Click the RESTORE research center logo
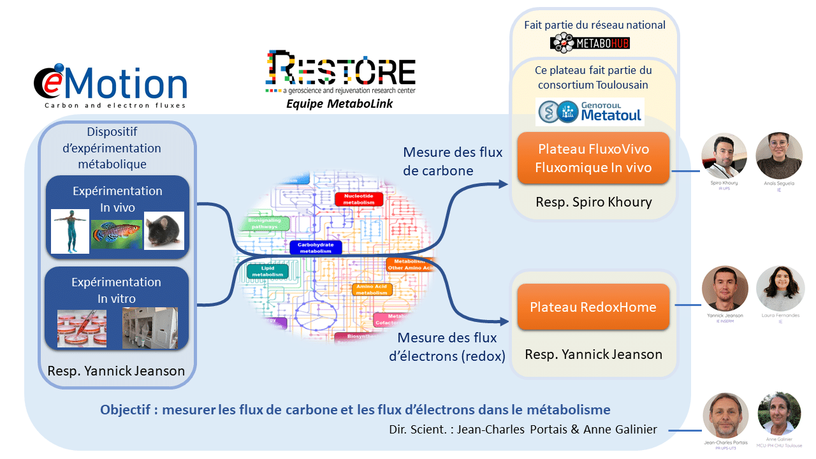(x=340, y=74)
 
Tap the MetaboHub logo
(x=590, y=43)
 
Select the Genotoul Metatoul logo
(x=590, y=111)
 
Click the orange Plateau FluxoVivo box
(x=594, y=158)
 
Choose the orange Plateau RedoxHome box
(x=594, y=307)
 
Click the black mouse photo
(x=164, y=230)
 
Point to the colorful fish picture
(x=116, y=234)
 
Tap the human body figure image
(x=69, y=231)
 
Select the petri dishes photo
(x=82, y=328)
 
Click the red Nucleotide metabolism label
(x=358, y=199)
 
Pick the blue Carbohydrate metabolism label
(x=315, y=248)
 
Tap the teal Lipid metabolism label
(x=267, y=272)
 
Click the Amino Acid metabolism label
(x=372, y=289)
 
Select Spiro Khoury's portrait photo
(x=724, y=156)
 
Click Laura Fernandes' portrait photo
(x=780, y=288)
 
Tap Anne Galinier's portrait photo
(x=780, y=413)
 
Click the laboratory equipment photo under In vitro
(x=150, y=328)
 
